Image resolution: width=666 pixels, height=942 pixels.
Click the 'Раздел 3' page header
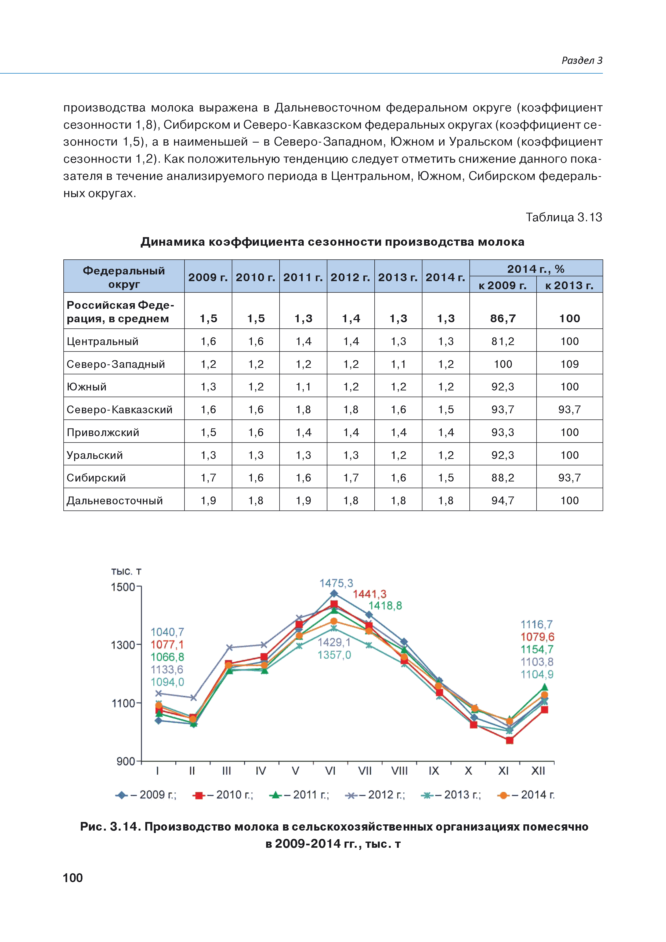point(581,60)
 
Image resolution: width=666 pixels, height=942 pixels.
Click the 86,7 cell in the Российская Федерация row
point(503,318)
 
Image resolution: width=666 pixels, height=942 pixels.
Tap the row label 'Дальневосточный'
point(115,501)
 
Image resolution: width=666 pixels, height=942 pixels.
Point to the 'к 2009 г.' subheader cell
point(503,285)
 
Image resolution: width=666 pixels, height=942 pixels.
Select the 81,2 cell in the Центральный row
point(503,341)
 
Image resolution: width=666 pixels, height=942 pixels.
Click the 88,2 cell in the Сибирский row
point(503,477)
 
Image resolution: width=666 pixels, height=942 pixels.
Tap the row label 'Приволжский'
point(103,432)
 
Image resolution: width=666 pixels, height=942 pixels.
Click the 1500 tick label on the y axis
point(123,587)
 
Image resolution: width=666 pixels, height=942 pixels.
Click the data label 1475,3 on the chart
point(336,583)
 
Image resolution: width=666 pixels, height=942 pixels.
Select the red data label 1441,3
point(369,594)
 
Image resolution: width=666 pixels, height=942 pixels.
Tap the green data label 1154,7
point(537,650)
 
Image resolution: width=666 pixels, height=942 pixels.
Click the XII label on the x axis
point(538,771)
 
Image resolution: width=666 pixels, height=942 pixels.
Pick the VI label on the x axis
point(330,771)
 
